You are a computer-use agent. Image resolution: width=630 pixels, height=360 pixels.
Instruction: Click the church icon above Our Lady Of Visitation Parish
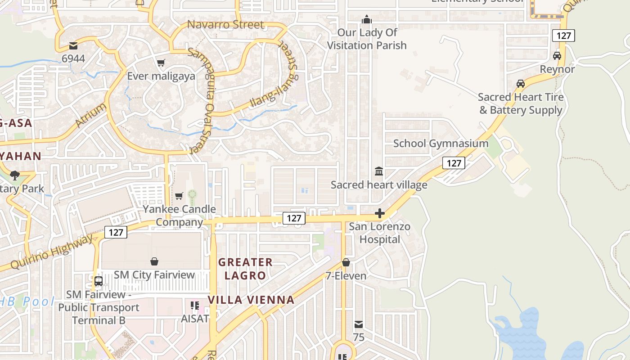coord(367,19)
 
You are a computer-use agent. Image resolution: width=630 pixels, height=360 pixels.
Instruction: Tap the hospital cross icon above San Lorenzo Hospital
coord(380,213)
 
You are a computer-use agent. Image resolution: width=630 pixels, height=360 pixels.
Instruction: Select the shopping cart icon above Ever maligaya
coord(161,63)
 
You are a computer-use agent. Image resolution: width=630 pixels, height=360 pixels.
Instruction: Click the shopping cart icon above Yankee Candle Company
coord(179,196)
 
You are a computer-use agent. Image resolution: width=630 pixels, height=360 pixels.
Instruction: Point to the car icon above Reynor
coord(557,56)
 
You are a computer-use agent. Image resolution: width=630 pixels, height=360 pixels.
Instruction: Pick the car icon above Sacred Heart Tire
coord(521,84)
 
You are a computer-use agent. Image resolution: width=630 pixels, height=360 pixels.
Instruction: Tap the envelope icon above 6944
coord(73,45)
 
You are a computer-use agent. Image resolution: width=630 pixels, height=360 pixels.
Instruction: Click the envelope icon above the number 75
coord(359,324)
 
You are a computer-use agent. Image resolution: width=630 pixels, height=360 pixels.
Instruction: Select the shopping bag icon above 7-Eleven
coord(346,262)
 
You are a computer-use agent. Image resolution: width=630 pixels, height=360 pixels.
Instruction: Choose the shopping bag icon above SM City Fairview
coord(154,261)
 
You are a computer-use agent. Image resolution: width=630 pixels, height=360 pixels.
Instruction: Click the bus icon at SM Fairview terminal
coord(99,281)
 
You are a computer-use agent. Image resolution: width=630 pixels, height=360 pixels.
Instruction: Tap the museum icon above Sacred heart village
coord(379,171)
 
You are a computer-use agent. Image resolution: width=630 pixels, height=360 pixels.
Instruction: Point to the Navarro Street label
coord(225,24)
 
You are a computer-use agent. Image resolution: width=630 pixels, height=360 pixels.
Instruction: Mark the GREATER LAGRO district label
coord(246,269)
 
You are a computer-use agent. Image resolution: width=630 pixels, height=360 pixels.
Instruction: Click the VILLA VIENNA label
coord(251,300)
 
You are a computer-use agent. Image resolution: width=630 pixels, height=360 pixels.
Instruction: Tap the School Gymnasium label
coord(441,144)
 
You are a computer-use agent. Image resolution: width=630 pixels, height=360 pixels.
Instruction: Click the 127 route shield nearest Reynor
coord(563,36)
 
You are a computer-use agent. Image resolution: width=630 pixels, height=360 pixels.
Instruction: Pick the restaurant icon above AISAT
coord(195,306)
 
